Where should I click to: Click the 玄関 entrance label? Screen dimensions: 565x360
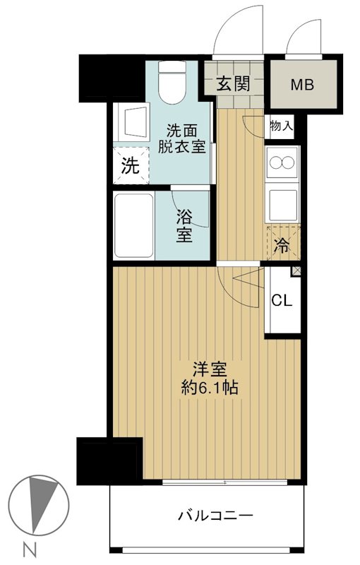[232, 84]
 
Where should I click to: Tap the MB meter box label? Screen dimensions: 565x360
[302, 84]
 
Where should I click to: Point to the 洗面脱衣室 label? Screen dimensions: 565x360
[181, 139]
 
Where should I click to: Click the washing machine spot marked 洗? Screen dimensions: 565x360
[131, 166]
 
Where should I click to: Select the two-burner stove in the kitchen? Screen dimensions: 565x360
[282, 164]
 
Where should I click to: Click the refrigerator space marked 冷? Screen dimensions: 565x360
[283, 246]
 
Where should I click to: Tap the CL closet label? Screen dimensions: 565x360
[282, 299]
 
